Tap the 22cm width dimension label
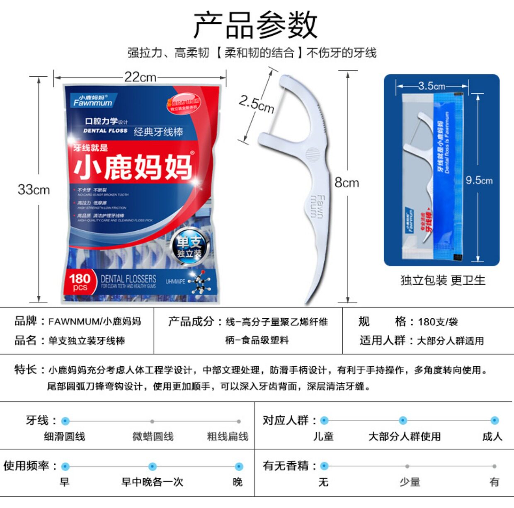tap(140, 77)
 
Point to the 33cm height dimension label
tap(34, 190)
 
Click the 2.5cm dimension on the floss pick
tap(257, 104)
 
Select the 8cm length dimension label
tap(347, 183)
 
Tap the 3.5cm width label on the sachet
tap(432, 86)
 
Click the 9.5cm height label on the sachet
tap(479, 180)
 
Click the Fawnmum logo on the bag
tap(93, 101)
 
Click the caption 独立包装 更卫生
tap(443, 281)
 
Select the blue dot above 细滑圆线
tap(65, 421)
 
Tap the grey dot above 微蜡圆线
tap(153, 421)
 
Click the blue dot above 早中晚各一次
tap(153, 467)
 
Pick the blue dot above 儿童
tap(325, 421)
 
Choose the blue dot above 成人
tap(495, 421)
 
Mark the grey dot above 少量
tap(407, 466)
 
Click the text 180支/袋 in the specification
tap(438, 322)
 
